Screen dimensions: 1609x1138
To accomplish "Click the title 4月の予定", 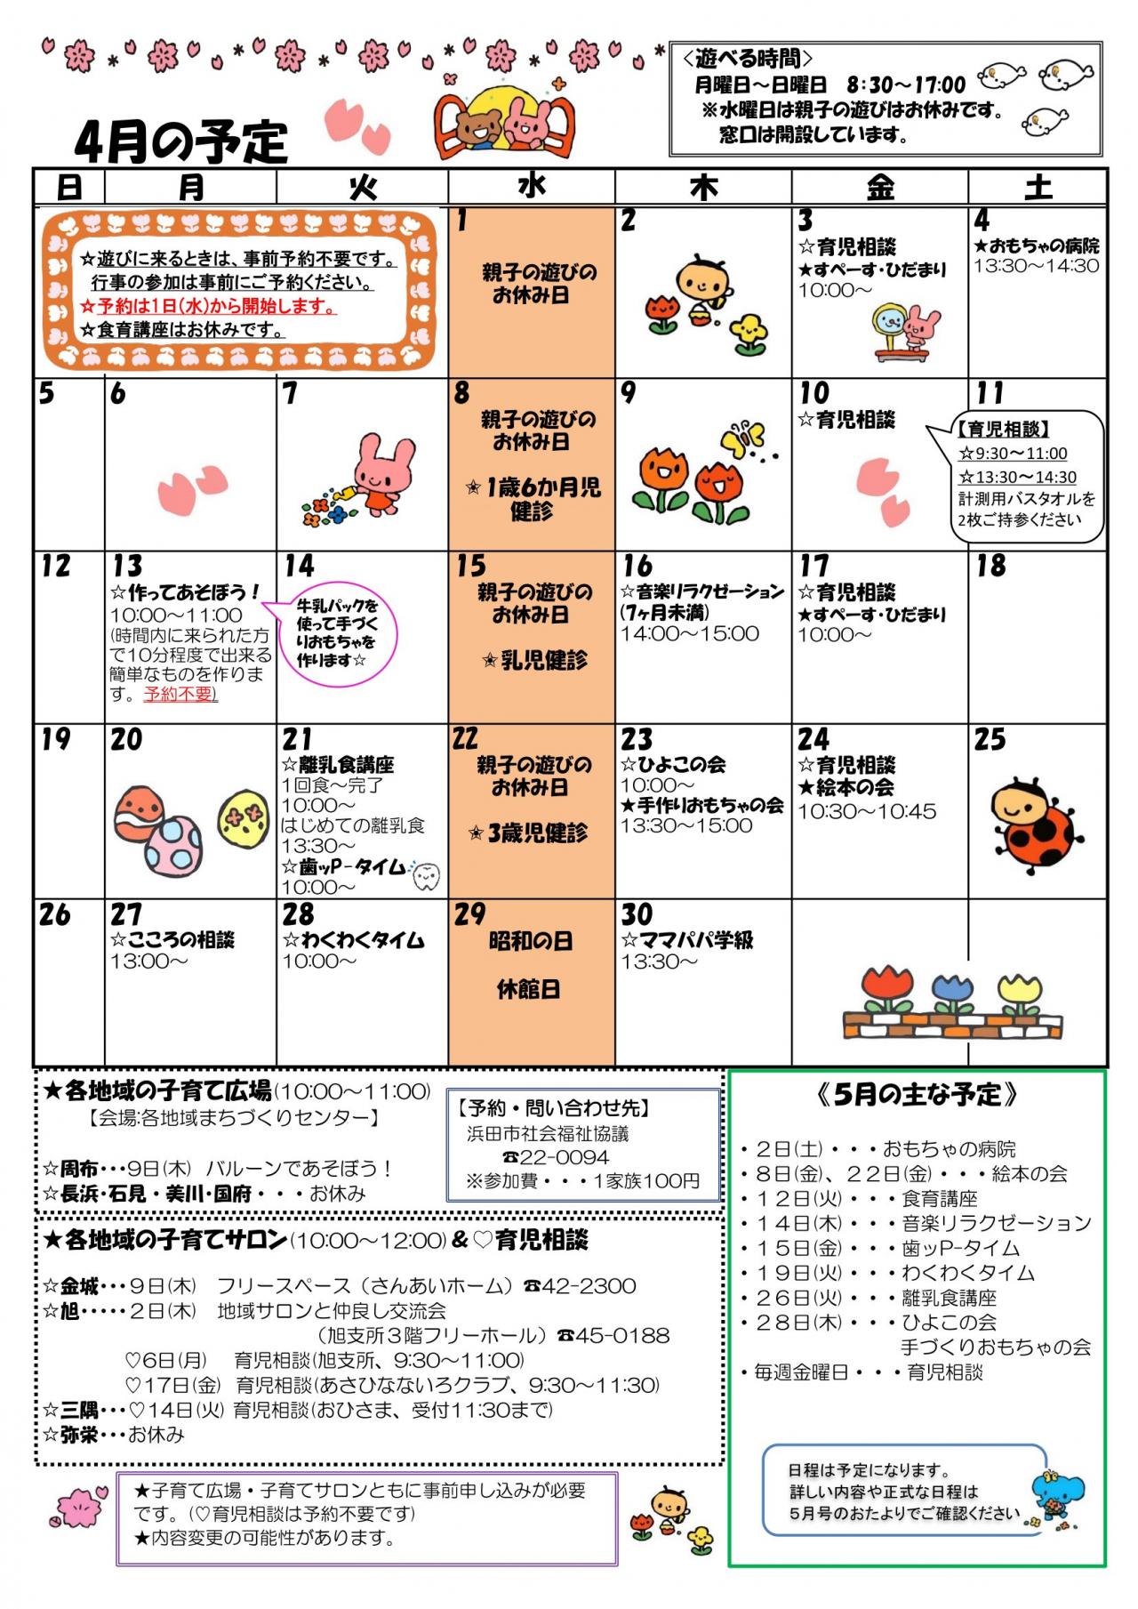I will pos(181,141).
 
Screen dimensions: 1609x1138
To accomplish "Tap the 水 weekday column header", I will pos(531,186).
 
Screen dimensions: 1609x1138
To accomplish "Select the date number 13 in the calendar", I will pos(127,567).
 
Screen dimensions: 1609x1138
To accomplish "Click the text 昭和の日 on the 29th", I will pos(531,941).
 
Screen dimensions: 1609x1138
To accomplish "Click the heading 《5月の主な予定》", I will pos(917,1095).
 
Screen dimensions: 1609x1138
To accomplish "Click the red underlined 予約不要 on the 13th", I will pos(180,694).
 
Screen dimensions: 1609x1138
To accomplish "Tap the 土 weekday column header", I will pos(1038,187).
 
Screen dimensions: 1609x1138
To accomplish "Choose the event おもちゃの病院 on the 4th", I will pos(1037,245).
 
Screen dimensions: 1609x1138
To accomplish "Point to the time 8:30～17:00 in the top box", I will pos(906,84).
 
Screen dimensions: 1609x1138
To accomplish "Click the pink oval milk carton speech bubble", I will pos(337,632).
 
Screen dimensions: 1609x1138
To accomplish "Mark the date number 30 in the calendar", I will pos(637,914).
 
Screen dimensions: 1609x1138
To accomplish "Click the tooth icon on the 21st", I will pos(427,876).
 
